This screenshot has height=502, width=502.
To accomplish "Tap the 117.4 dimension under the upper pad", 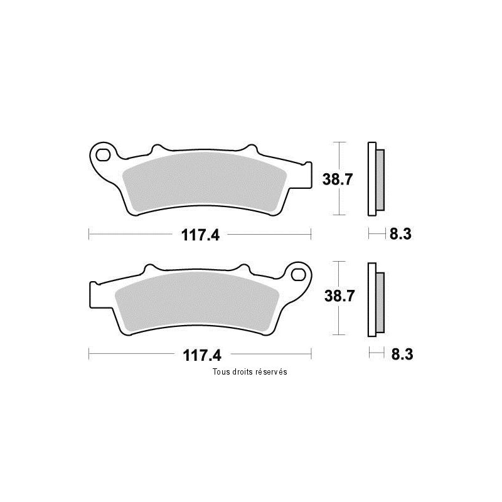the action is [x=200, y=235].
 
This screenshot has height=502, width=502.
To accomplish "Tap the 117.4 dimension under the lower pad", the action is [x=202, y=355].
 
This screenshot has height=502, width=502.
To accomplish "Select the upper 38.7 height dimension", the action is [x=338, y=179].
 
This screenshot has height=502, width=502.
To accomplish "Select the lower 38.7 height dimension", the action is [x=339, y=296].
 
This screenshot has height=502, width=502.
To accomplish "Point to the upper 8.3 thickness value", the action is [x=400, y=234].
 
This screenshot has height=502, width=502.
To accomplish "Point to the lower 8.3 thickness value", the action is [x=402, y=355].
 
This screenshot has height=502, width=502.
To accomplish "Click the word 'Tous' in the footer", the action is [x=221, y=371].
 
